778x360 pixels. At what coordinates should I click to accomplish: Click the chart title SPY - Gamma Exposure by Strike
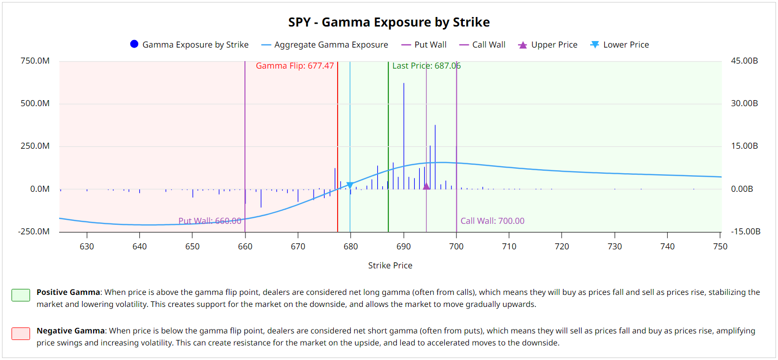389,23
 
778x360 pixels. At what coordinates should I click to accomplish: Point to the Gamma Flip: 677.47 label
295,66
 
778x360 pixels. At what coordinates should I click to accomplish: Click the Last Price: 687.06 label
426,66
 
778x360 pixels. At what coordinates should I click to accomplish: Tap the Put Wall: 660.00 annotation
209,221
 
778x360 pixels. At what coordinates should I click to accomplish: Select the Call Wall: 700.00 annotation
492,221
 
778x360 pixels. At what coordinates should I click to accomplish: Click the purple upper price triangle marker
426,186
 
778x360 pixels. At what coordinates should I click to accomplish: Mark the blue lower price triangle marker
350,186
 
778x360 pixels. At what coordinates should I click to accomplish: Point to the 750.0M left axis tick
35,61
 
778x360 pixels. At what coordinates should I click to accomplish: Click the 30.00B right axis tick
743,104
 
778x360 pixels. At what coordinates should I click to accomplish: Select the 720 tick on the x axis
562,246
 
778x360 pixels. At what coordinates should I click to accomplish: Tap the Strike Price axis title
390,265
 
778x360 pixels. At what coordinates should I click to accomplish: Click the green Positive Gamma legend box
21,295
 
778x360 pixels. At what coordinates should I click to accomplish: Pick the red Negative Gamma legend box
21,333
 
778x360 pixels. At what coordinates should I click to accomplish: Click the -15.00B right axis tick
744,232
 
